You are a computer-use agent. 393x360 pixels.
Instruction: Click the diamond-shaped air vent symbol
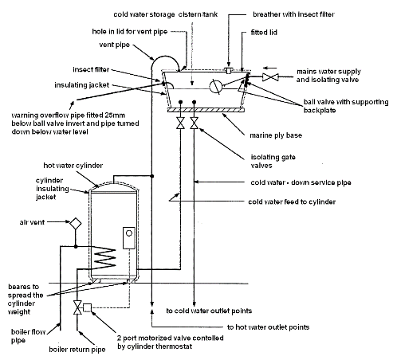coord(76,224)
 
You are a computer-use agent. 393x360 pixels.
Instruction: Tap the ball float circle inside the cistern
coord(215,86)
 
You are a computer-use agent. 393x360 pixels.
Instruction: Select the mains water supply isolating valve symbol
coord(270,77)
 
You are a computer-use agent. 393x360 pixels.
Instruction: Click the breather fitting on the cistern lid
coord(229,70)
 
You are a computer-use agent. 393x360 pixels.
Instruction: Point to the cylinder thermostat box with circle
coord(129,238)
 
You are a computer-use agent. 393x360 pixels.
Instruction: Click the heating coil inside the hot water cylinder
coord(106,258)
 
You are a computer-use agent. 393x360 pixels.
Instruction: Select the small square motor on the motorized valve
coord(87,307)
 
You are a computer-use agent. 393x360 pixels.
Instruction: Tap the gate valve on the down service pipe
coord(195,123)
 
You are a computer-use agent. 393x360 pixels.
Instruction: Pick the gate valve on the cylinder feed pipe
coord(181,123)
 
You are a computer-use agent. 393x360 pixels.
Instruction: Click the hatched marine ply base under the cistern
coord(206,110)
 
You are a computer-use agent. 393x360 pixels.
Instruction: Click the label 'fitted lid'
coord(264,33)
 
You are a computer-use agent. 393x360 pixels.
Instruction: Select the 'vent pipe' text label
coord(114,45)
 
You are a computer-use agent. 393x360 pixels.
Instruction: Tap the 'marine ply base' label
coord(276,135)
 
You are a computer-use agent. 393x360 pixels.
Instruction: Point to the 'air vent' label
coord(32,222)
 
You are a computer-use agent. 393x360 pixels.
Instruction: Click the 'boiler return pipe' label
coord(77,350)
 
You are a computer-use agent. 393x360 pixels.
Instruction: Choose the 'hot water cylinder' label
coord(73,166)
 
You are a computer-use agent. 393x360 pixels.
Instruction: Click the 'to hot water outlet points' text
coord(268,327)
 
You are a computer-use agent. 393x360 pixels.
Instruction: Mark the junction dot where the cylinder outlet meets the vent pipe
coord(152,176)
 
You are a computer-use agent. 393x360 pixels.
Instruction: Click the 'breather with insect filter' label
coord(293,14)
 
